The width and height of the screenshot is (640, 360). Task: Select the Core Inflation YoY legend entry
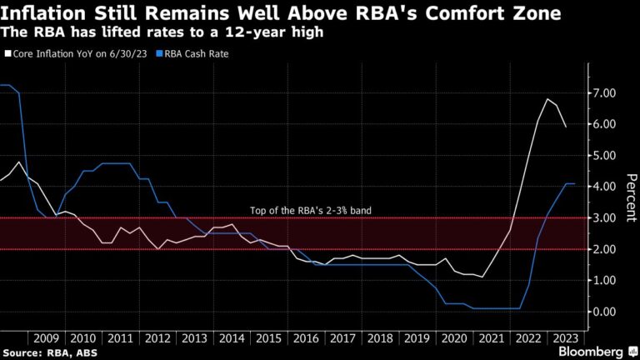[x=79, y=53]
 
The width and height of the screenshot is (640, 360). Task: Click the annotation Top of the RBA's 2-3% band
[x=310, y=211]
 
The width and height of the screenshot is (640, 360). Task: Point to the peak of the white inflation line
[x=547, y=99]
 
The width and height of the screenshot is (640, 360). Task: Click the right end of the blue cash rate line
[x=574, y=183]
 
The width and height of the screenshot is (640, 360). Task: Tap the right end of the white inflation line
[x=567, y=127]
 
